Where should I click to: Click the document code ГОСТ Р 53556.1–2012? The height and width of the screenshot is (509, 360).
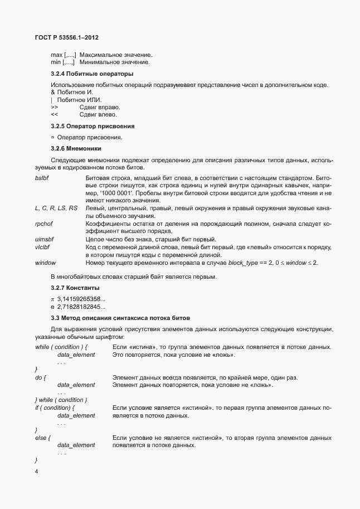(64, 37)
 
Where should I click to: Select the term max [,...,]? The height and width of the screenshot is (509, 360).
(64, 55)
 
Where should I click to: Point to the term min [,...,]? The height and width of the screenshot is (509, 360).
(63, 62)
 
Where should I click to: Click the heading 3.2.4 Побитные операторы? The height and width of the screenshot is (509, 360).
(91, 74)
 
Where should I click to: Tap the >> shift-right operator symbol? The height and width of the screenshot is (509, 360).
(54, 106)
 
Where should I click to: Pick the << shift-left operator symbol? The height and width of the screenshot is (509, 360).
(54, 114)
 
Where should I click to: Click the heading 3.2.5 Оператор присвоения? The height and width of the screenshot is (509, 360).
(93, 126)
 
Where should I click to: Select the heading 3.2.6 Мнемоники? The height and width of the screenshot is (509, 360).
(76, 149)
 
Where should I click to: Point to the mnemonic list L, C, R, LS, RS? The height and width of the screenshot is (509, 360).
(56, 208)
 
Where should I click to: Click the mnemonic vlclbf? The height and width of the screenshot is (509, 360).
(42, 247)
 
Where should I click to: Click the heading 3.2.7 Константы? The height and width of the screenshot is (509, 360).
(75, 288)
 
